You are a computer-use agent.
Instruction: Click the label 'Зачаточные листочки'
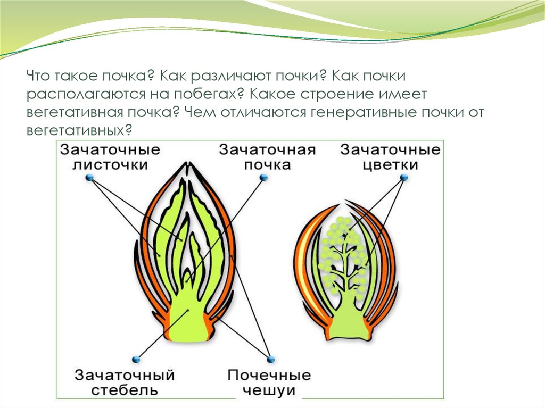[110, 157]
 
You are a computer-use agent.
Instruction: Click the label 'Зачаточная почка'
[267, 157]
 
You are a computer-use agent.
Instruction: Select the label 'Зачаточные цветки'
[391, 157]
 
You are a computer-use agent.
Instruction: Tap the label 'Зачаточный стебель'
[125, 382]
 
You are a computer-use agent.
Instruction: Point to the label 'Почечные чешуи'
[269, 382]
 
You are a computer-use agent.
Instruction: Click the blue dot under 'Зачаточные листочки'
[88, 179]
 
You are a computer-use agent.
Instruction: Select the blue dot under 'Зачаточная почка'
[262, 180]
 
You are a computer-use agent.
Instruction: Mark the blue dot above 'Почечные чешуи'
[271, 359]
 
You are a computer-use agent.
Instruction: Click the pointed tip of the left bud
[188, 164]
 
